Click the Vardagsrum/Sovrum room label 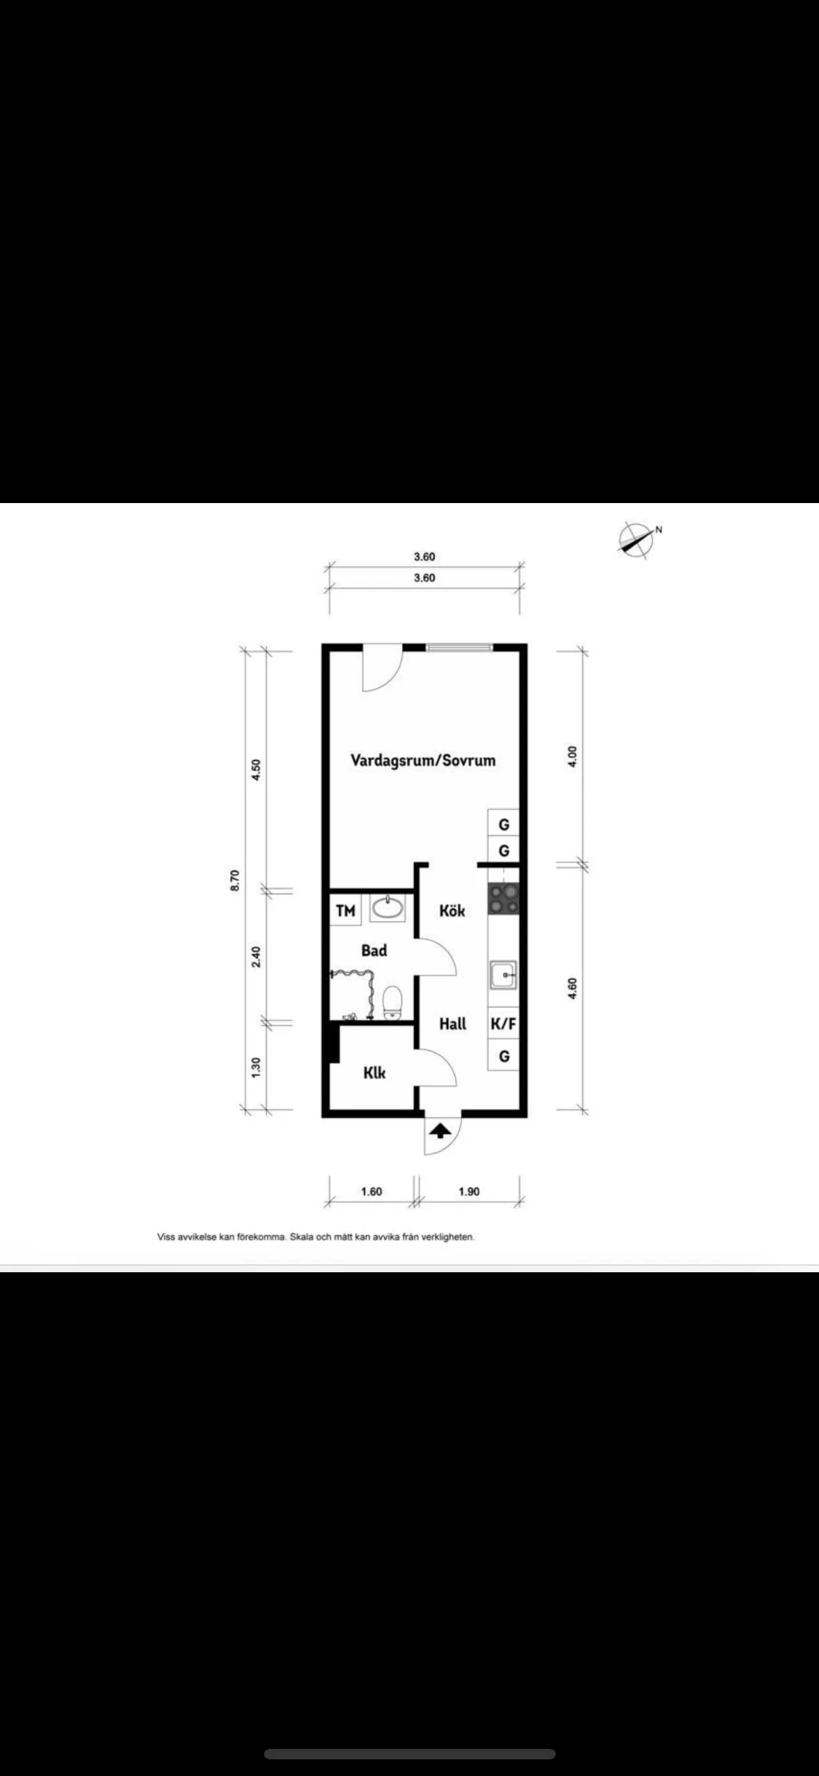click(422, 760)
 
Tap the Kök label click(452, 910)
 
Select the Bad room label click(374, 951)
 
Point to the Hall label click(452, 1023)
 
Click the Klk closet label click(374, 1073)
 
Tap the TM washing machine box click(345, 910)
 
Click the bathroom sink click(388, 907)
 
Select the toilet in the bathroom click(392, 1001)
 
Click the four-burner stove click(504, 898)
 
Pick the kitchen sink click(503, 974)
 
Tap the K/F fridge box click(503, 1023)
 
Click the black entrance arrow click(438, 1131)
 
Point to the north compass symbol click(636, 540)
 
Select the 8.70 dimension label click(235, 880)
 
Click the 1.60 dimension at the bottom click(371, 1191)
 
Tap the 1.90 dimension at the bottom click(469, 1191)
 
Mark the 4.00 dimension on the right click(572, 756)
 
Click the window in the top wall click(459, 648)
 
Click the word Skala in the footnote click(301, 1237)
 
